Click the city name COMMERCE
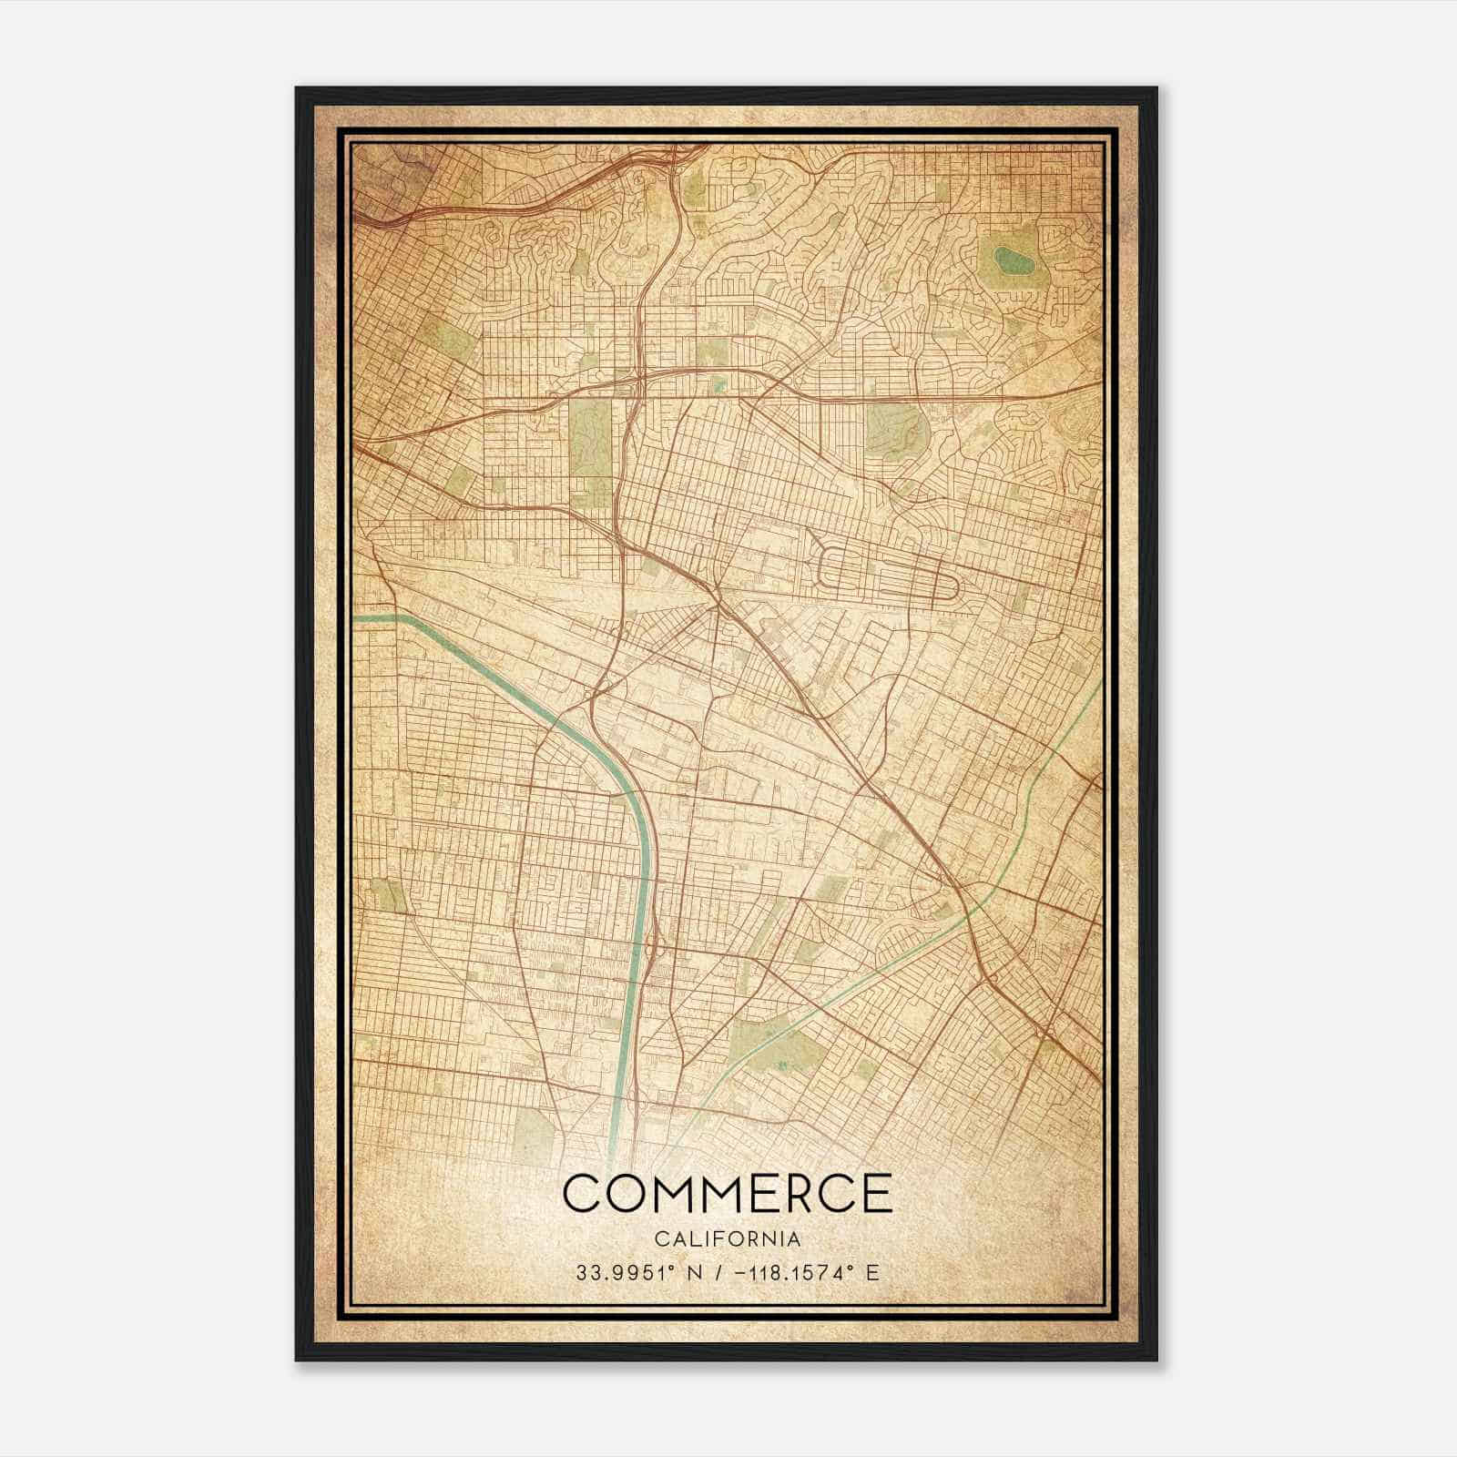pos(728,1193)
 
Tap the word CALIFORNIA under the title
pos(728,1239)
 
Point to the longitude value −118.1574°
pos(791,1272)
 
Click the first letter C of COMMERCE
pos(584,1193)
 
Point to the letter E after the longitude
pos(872,1272)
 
